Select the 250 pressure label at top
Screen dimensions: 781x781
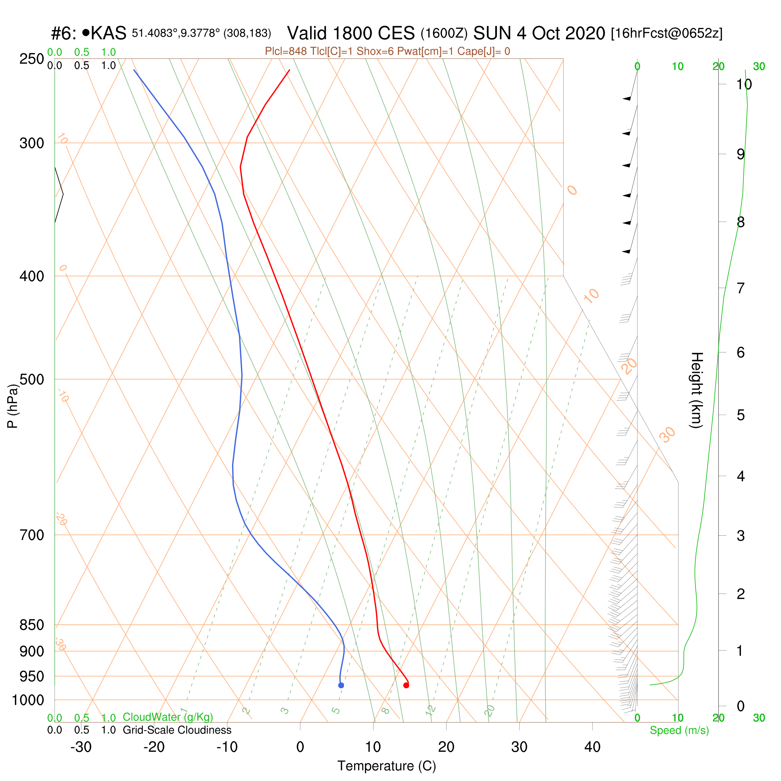tap(32, 59)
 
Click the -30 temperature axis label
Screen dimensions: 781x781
tap(81, 747)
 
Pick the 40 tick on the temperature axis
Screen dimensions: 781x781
tap(592, 747)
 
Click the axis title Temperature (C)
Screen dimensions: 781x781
tap(387, 766)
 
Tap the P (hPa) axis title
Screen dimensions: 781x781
tap(13, 406)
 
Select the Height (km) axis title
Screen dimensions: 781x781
tap(696, 390)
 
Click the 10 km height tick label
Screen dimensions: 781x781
tap(744, 85)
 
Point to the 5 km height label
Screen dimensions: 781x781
tap(741, 415)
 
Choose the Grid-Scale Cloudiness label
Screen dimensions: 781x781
tap(177, 730)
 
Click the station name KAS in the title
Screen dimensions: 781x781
tap(108, 33)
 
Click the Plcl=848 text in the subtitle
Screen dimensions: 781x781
tap(283, 51)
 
